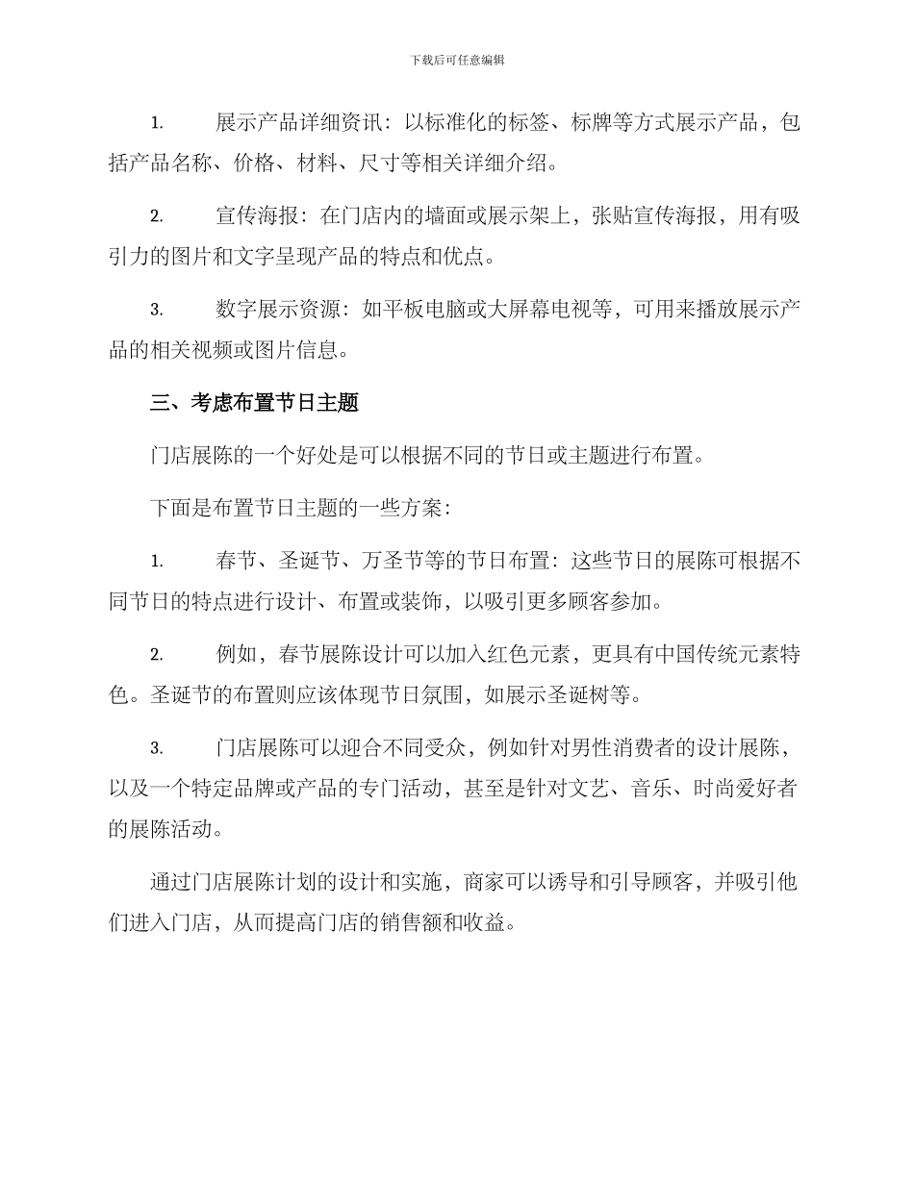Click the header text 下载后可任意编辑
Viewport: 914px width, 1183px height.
(457, 60)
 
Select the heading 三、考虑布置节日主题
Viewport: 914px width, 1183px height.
(254, 403)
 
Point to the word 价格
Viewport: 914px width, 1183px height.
(255, 164)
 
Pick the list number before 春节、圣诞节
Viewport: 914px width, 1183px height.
(156, 562)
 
